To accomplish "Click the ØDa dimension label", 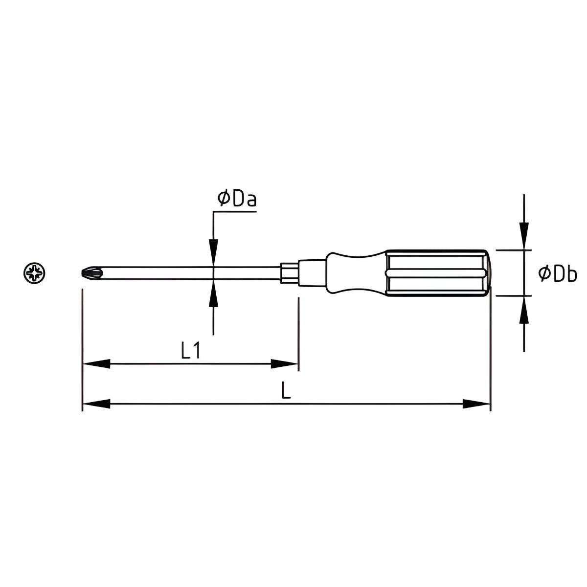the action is click(x=237, y=199).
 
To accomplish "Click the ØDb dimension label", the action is click(x=557, y=273).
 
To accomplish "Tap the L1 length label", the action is click(x=190, y=350).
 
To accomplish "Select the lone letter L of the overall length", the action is click(x=286, y=390).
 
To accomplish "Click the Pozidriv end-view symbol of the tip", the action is click(x=34, y=273).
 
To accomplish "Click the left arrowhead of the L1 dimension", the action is click(x=96, y=364).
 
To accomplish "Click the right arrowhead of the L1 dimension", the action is click(x=284, y=364).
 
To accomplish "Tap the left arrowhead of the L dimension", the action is click(x=96, y=404).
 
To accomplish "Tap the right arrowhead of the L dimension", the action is click(x=476, y=404).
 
